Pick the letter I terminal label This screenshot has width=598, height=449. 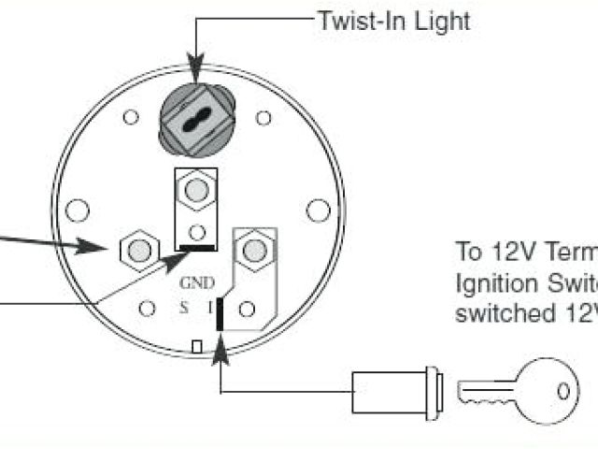tap(210, 306)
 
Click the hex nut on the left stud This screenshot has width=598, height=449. tap(139, 248)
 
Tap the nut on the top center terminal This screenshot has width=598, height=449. tap(196, 191)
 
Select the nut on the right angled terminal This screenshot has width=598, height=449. tap(251, 250)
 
